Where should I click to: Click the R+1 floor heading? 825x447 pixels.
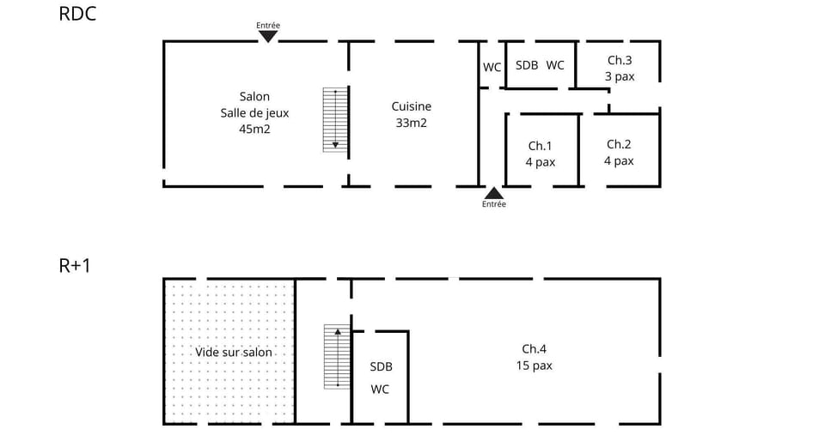75,266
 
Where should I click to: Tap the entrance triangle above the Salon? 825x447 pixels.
268,36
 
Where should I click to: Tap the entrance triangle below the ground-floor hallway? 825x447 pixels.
493,193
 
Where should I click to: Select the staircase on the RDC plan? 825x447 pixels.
335,119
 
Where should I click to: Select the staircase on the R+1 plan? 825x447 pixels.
337,357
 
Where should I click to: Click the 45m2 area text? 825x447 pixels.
254,130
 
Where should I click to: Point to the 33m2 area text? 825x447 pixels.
412,123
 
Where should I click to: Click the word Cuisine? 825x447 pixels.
412,106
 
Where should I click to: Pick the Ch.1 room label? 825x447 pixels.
541,145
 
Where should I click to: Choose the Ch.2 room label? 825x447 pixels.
619,144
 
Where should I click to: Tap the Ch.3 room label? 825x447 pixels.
620,60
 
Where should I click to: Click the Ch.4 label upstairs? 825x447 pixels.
534,348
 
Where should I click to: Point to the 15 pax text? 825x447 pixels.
534,365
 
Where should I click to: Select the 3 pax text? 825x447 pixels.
620,76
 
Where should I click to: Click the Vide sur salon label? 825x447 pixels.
234,352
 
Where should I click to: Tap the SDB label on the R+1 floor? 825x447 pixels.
381,366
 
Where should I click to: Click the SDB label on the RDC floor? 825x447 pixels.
527,65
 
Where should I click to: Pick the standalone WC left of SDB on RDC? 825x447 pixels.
492,67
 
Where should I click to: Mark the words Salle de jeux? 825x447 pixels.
254,113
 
